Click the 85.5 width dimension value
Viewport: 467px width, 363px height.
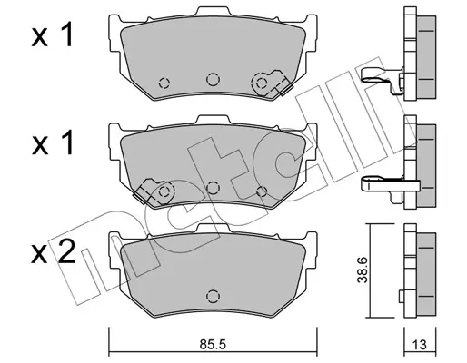point(213,344)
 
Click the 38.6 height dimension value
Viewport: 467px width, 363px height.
point(363,270)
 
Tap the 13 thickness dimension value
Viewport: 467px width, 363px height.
point(420,345)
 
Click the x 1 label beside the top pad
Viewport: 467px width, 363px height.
point(52,35)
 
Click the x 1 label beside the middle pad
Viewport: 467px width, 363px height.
point(52,143)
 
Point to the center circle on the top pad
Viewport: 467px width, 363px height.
point(213,79)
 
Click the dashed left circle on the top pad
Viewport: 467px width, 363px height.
point(164,83)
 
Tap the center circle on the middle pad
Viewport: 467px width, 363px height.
point(213,188)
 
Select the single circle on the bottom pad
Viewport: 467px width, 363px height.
point(213,296)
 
